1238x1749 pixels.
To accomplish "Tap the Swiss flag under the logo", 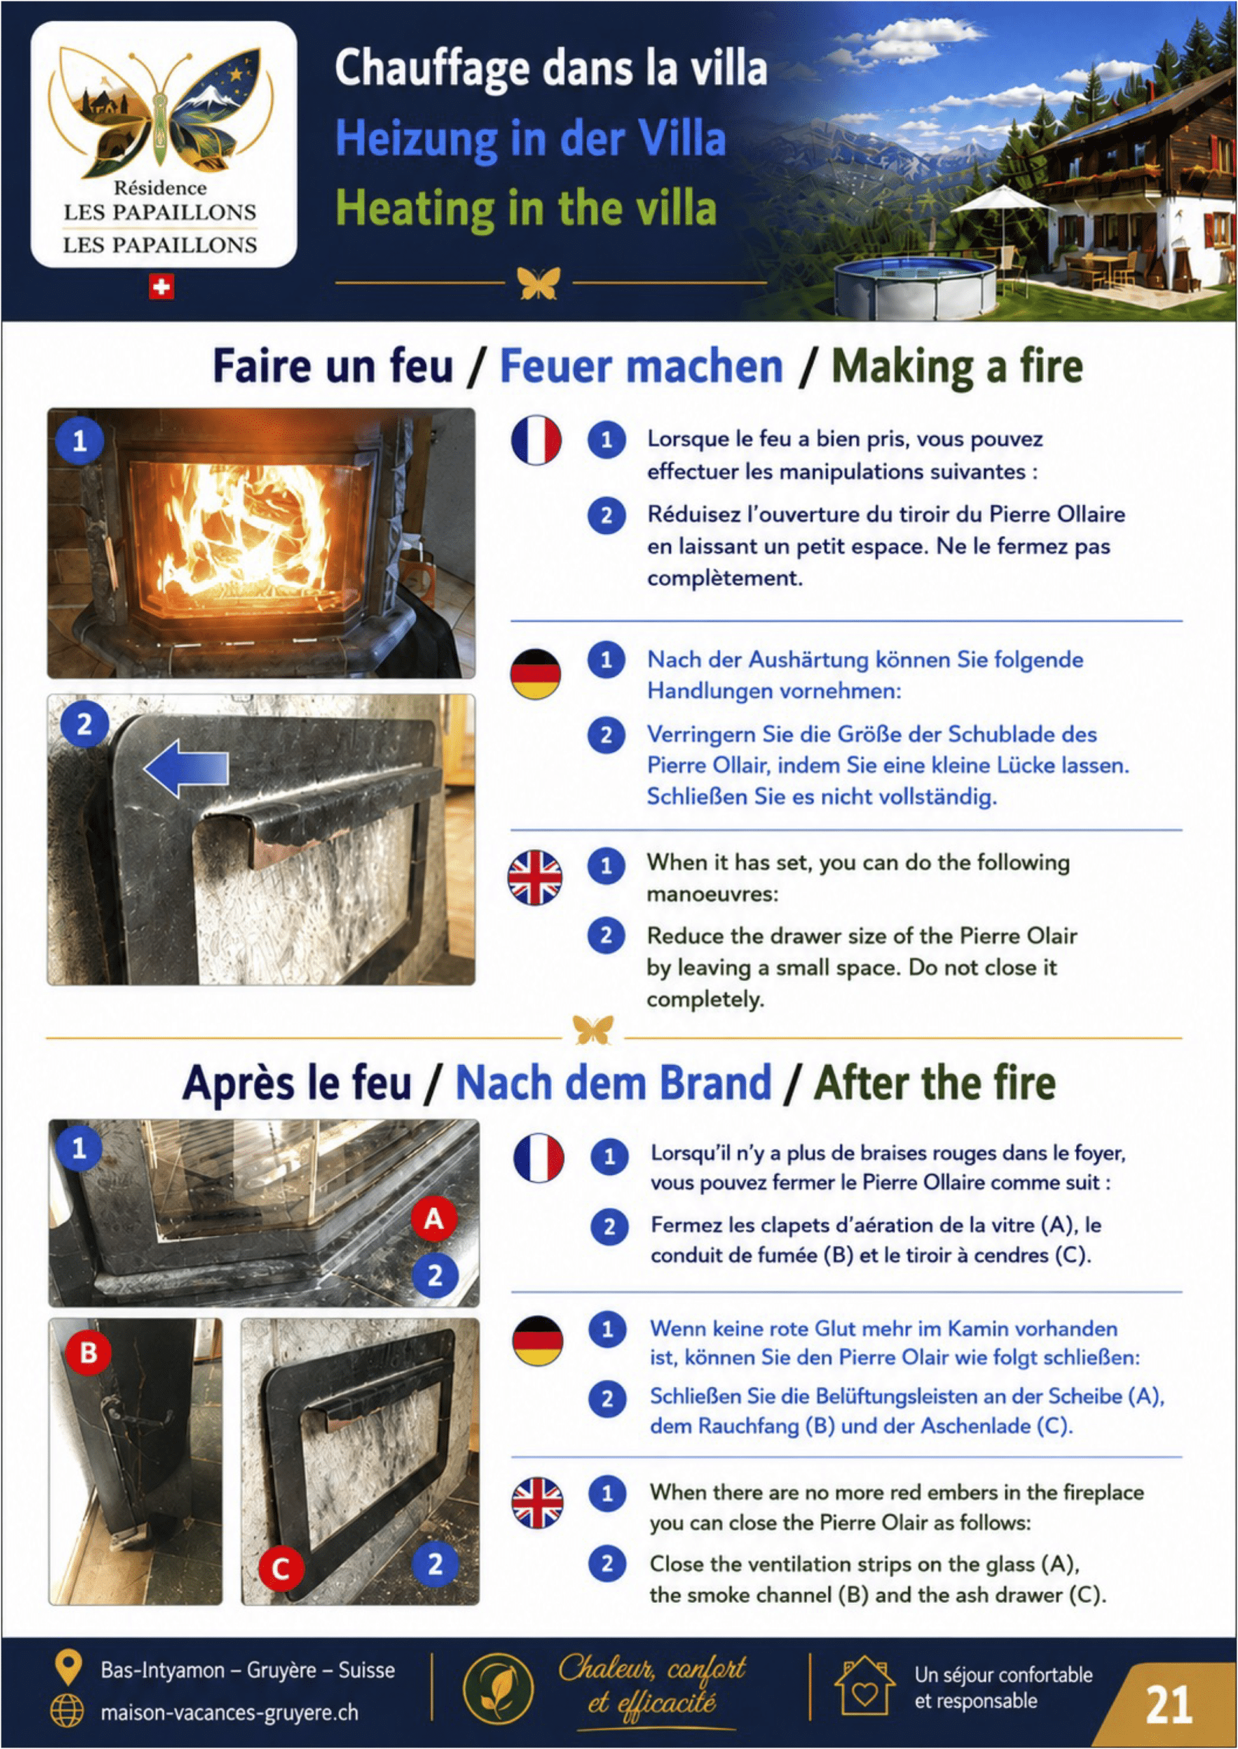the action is point(161,288).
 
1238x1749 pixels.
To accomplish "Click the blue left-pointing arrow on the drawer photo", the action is point(186,767).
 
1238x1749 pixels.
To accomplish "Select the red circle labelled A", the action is point(435,1219).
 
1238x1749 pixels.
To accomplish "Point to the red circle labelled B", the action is point(88,1353).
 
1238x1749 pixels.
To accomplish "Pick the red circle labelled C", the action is point(281,1569).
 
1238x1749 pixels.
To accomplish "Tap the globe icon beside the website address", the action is point(67,1711).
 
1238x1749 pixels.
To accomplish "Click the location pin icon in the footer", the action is point(68,1668).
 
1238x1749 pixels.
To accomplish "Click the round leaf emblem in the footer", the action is point(499,1689).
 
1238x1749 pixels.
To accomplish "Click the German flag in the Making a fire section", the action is point(535,674).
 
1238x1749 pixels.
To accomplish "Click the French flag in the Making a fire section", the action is point(536,440).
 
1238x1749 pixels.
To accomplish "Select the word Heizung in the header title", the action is point(416,139).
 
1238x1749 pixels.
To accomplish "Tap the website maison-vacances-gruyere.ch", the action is point(230,1712).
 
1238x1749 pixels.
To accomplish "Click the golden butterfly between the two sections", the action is point(592,1030).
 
